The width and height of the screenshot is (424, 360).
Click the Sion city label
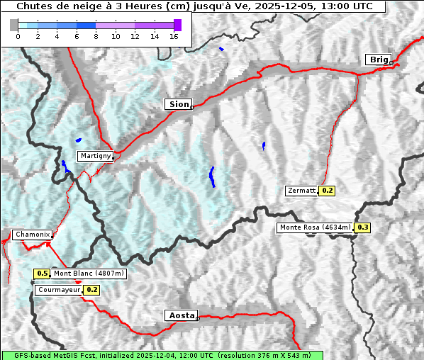coord(179,104)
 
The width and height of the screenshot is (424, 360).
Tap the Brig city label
coord(377,60)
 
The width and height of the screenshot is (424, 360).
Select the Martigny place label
coord(94,155)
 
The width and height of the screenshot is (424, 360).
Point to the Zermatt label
coord(301,191)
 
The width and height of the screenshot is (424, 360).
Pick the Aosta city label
coord(180,315)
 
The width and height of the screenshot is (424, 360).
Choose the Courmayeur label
coord(59,290)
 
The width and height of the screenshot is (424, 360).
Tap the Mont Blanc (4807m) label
coord(89,274)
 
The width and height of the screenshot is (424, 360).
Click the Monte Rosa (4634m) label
coord(315,227)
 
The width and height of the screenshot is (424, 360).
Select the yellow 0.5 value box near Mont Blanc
coord(42,274)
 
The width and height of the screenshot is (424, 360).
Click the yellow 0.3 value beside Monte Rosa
coord(362,227)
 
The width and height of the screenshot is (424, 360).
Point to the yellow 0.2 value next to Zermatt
coord(327,191)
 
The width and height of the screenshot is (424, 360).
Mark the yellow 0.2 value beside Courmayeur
coord(92,290)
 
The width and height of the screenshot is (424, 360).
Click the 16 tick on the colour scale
coord(174,36)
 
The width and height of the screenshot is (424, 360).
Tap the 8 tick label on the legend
coord(96,36)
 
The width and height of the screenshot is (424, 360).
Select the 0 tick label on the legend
coord(18,36)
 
